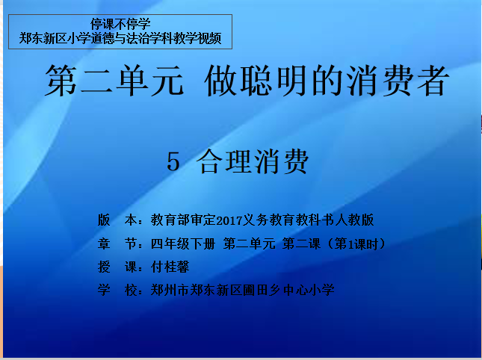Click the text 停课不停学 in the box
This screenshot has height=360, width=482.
pyautogui.click(x=120, y=24)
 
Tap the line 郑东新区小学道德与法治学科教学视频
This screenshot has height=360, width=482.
pyautogui.click(x=120, y=38)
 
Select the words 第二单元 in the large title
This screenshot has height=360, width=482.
pyautogui.click(x=114, y=80)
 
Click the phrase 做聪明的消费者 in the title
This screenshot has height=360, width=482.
pyautogui.click(x=325, y=80)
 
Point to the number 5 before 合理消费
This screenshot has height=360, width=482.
pyautogui.click(x=173, y=162)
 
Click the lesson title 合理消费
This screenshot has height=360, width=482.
pyautogui.click(x=252, y=161)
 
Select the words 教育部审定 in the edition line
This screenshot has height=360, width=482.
pyautogui.click(x=184, y=220)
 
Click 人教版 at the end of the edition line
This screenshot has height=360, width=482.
pyautogui.click(x=354, y=220)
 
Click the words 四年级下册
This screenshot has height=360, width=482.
pyautogui.click(x=183, y=243)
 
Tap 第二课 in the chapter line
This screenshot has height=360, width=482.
pyautogui.click(x=301, y=243)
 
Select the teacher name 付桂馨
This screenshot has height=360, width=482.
pyautogui.click(x=170, y=267)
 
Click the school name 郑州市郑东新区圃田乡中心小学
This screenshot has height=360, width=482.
pyautogui.click(x=243, y=290)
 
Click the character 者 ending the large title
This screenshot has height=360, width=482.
pyautogui.click(x=431, y=80)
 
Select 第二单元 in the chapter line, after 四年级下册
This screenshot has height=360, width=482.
pyautogui.click(x=250, y=243)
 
